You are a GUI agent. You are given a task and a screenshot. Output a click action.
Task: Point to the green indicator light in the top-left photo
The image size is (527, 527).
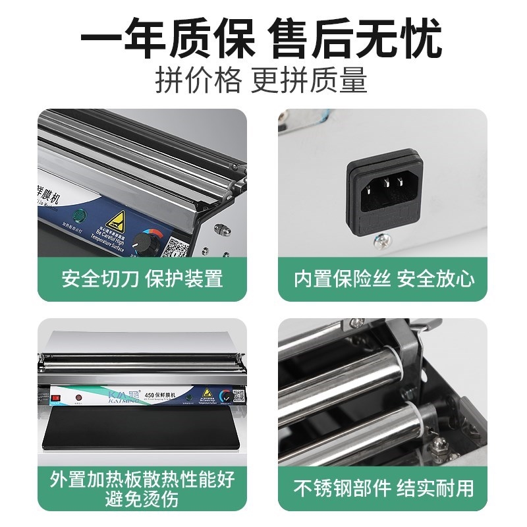[78, 215]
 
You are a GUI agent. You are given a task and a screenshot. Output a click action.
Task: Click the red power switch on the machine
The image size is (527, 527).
[56, 397]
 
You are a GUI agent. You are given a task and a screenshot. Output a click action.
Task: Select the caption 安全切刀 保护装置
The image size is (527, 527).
[142, 278]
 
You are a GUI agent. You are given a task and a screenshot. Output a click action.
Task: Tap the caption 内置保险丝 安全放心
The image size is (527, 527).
[384, 278]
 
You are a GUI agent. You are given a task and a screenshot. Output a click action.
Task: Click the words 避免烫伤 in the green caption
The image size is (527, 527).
[142, 499]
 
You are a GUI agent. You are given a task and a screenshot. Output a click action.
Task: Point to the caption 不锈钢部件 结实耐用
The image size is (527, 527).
[384, 488]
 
